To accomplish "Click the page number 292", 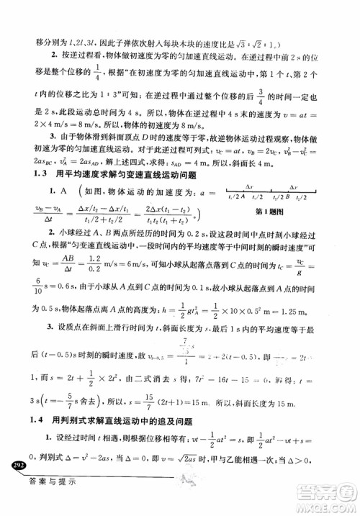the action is [16, 468].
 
